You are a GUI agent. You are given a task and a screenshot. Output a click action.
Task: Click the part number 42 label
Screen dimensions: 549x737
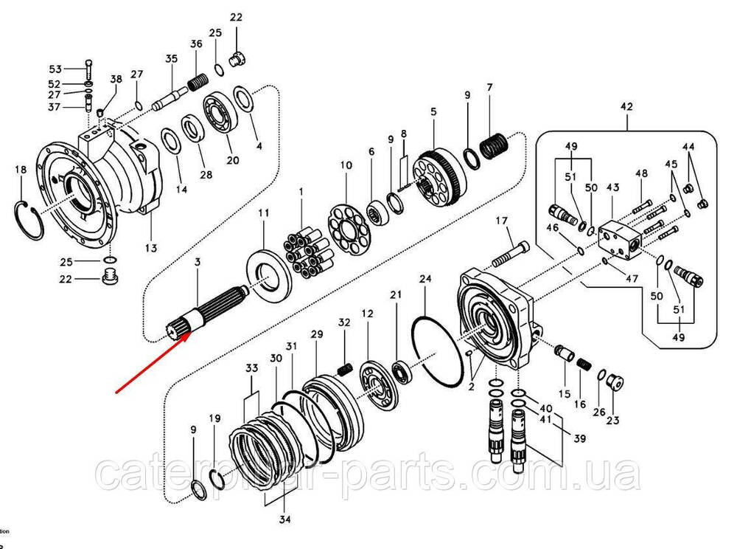[626, 107]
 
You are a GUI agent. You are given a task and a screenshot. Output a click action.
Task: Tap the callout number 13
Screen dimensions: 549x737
[150, 248]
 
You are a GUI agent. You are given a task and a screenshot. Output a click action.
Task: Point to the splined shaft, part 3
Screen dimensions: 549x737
[214, 310]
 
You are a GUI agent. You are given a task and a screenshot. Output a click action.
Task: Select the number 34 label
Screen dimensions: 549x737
[284, 520]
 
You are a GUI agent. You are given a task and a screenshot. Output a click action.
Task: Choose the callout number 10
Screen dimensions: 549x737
[346, 166]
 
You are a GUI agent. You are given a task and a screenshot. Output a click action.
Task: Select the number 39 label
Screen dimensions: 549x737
[580, 439]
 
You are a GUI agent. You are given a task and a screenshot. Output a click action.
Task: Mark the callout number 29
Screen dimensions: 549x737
[317, 335]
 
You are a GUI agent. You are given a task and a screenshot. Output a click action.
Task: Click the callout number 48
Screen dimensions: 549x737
[642, 173]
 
